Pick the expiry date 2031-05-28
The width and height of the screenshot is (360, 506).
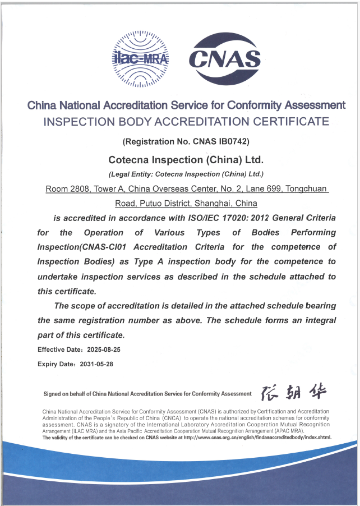pos(97,364)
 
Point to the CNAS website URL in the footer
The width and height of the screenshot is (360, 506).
pos(258,438)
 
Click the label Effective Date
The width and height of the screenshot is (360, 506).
pos(59,349)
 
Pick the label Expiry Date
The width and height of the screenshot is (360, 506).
pos(56,364)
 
